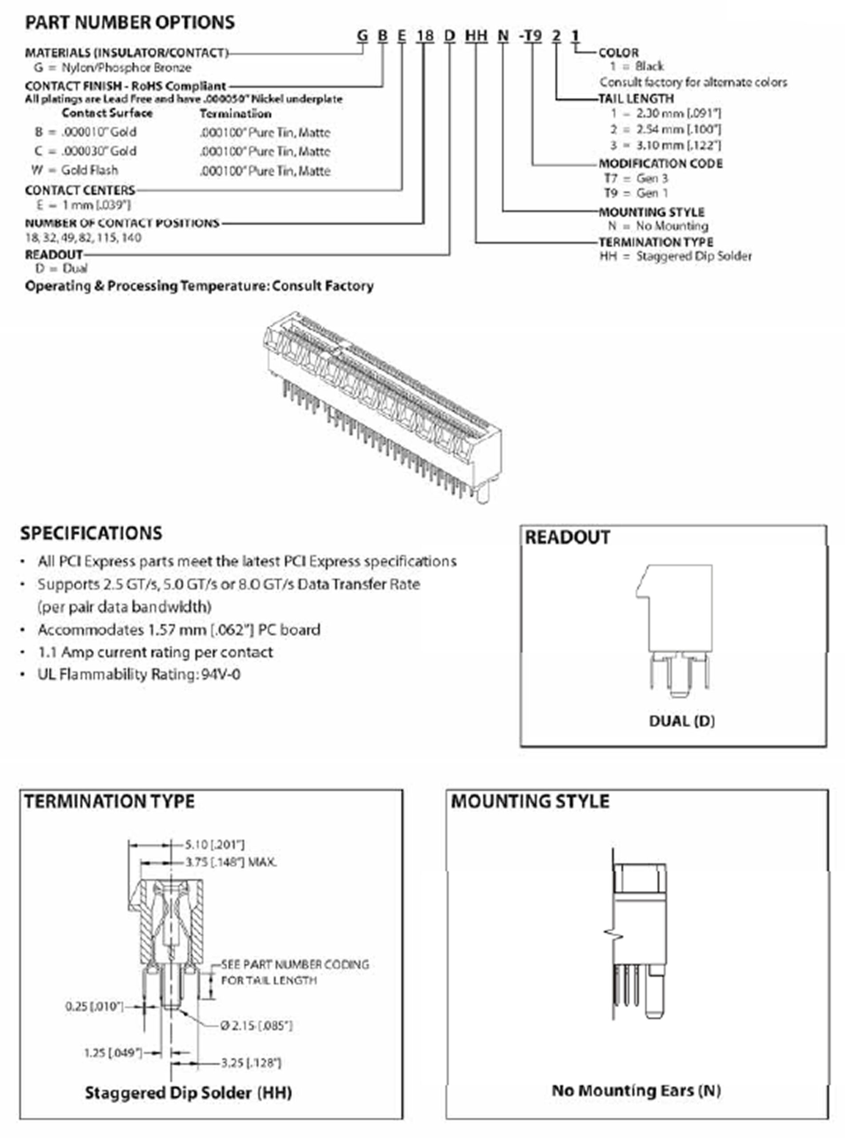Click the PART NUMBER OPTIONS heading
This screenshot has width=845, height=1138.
(x=130, y=23)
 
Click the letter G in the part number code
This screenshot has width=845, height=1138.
(x=362, y=36)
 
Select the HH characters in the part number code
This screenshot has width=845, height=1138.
(x=476, y=36)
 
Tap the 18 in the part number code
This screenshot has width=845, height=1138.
(x=425, y=36)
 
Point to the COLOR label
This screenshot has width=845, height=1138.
(x=618, y=53)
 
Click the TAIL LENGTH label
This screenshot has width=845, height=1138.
(x=637, y=98)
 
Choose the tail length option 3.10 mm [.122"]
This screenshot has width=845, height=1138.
(x=665, y=145)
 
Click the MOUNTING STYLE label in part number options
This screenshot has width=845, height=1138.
(x=651, y=212)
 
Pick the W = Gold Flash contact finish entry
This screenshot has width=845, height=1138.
(x=75, y=170)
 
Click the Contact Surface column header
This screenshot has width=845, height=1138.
(x=107, y=113)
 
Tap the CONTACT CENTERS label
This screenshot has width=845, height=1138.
(x=80, y=190)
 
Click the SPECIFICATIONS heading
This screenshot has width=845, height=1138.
(x=91, y=533)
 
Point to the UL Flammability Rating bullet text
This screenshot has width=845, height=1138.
(x=139, y=675)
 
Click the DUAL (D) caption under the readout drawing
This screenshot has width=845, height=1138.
(x=682, y=721)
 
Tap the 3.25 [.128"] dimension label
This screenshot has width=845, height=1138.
(x=251, y=1063)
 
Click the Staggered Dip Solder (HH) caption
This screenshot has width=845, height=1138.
(x=188, y=1093)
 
